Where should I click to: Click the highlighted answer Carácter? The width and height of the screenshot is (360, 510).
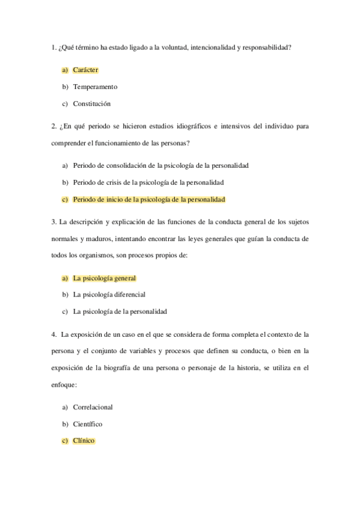pyautogui.click(x=85, y=70)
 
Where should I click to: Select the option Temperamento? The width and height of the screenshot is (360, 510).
pyautogui.click(x=95, y=87)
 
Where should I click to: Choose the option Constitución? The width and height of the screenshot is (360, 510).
pyautogui.click(x=92, y=103)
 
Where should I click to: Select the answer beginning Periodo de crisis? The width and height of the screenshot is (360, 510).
pyautogui.click(x=148, y=182)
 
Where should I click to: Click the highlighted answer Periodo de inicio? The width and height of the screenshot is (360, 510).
pyautogui.click(x=148, y=198)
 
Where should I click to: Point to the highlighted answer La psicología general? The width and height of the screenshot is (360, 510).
pyautogui.click(x=104, y=278)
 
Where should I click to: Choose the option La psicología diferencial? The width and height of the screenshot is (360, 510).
pyautogui.click(x=109, y=295)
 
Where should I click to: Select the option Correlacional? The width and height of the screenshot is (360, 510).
pyautogui.click(x=93, y=407)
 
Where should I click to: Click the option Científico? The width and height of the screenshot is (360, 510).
pyautogui.click(x=88, y=423)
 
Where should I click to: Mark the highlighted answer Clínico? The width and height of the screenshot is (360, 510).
pyautogui.click(x=84, y=440)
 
